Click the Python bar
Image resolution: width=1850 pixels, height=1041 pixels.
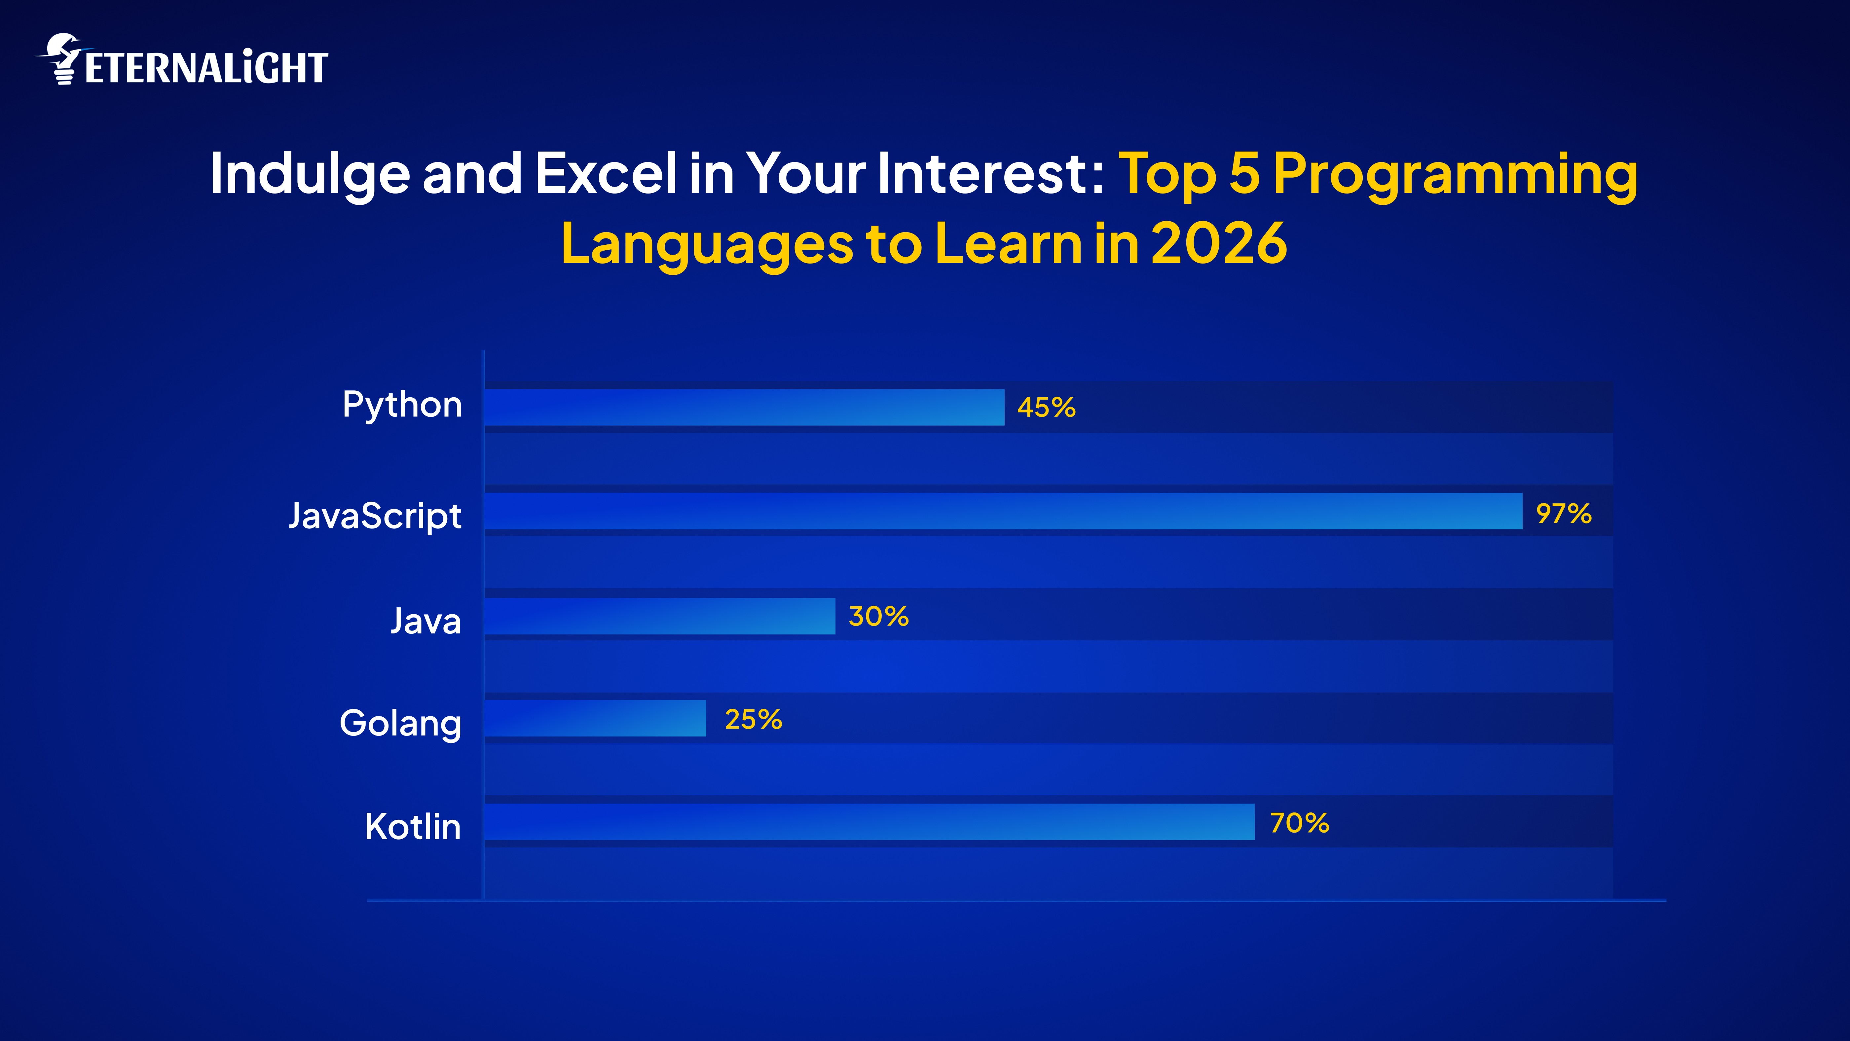click(744, 407)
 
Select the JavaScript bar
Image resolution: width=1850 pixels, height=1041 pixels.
click(1003, 511)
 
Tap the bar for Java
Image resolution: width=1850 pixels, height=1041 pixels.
click(659, 616)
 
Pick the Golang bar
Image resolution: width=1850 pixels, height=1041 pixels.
click(595, 718)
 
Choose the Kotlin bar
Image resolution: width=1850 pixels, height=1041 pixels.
click(869, 822)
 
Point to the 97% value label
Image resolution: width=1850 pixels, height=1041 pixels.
click(1564, 513)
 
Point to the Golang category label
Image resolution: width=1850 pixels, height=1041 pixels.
click(400, 723)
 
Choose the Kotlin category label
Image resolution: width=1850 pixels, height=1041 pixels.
click(412, 826)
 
